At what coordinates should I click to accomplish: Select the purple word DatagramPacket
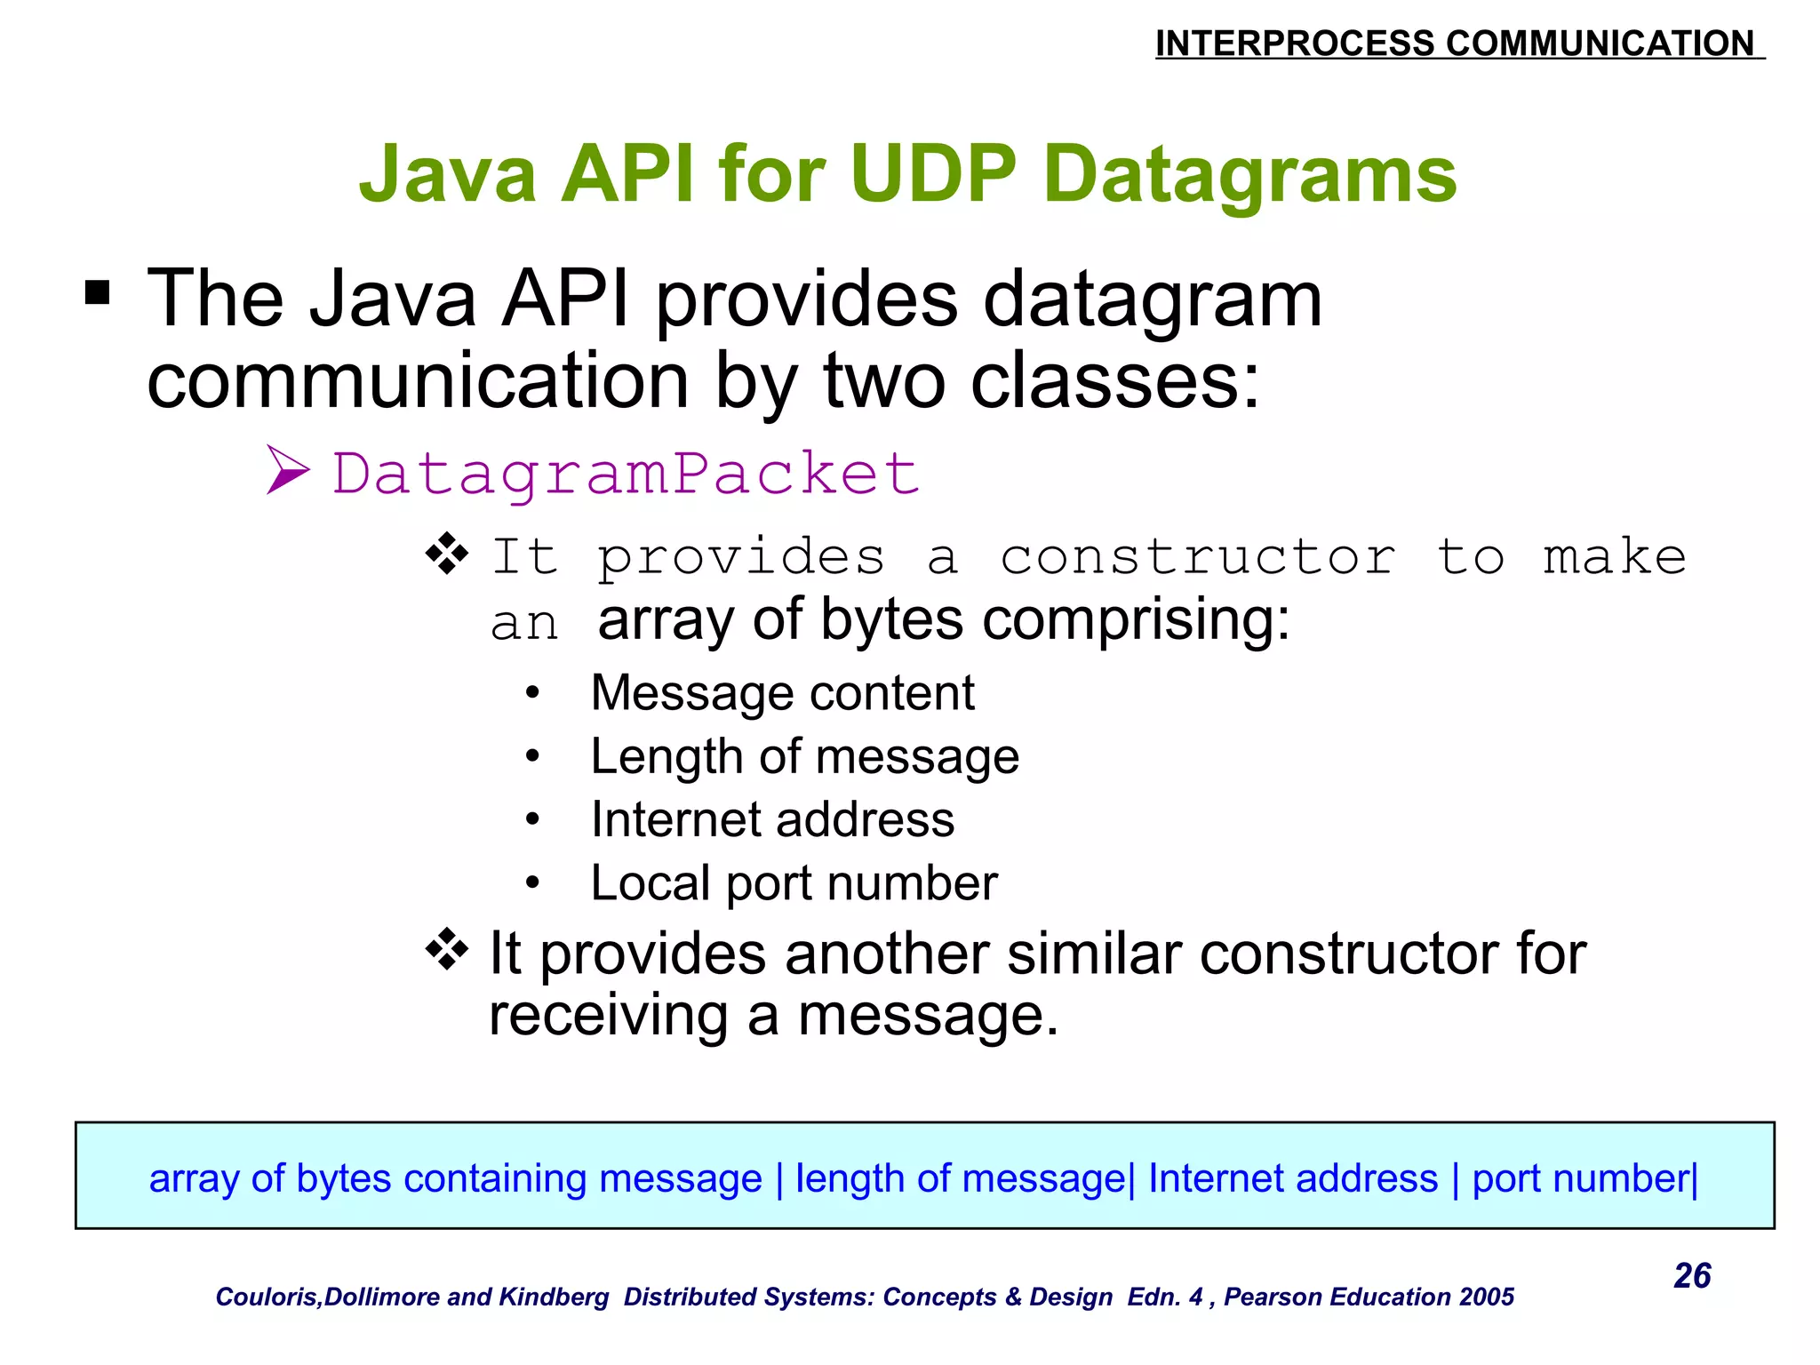coord(626,473)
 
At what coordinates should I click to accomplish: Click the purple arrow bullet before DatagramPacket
coord(288,471)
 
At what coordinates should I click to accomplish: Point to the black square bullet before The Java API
coord(97,292)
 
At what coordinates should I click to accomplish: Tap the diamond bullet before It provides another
coord(447,950)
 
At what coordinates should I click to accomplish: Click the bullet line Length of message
coord(804,756)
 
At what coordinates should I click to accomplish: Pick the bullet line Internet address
coord(772,819)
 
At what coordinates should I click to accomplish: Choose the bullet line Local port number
coord(794,883)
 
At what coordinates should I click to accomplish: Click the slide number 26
coord(1691,1275)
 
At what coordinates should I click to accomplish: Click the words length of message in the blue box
coord(960,1178)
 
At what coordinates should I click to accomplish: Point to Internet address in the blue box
coord(1292,1178)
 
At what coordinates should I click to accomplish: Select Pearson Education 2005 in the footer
coord(1369,1297)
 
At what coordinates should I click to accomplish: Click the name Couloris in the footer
coord(267,1297)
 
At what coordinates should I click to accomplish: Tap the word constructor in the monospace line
coord(1198,558)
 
